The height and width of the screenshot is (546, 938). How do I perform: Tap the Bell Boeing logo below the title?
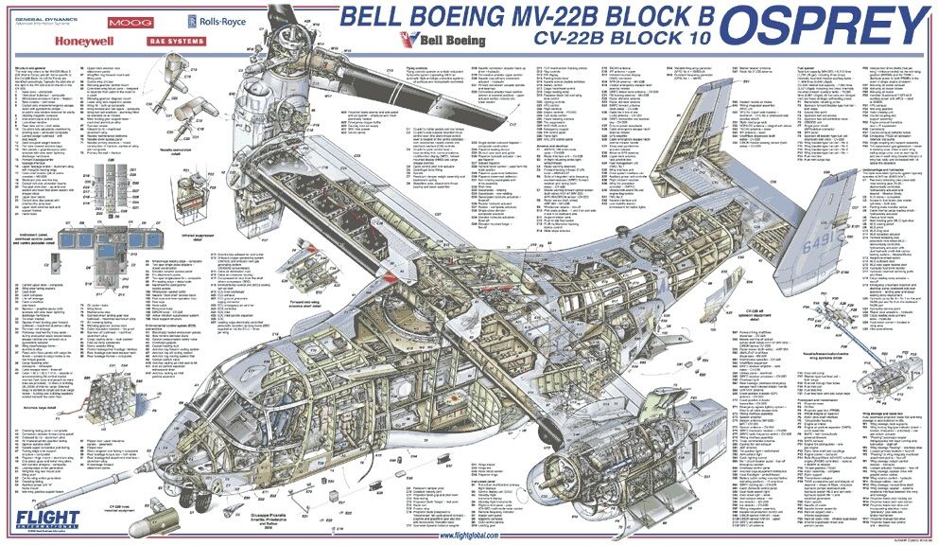[443, 41]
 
